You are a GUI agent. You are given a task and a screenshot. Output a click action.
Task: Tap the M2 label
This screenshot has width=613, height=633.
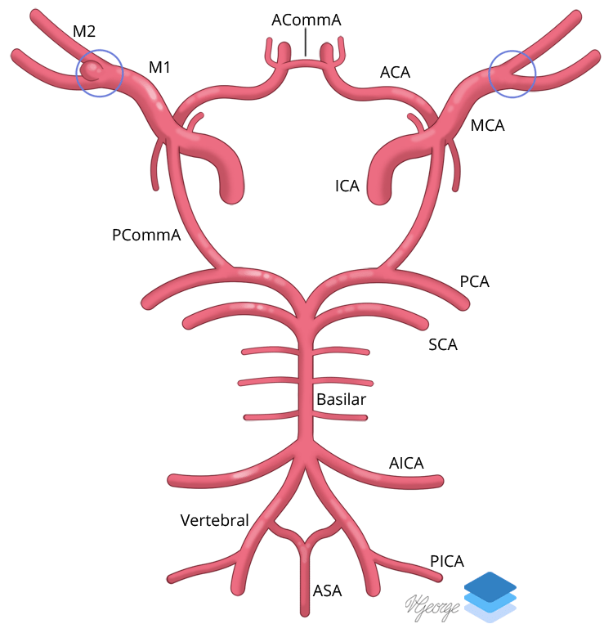tap(84, 31)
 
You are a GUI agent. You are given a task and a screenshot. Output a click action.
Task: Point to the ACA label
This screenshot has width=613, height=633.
tap(395, 73)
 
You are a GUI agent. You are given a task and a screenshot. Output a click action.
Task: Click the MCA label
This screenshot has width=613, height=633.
tap(488, 125)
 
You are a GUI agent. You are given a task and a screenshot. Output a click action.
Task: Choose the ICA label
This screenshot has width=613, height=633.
tap(347, 186)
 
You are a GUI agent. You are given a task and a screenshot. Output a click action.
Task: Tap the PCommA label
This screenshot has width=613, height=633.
tap(146, 236)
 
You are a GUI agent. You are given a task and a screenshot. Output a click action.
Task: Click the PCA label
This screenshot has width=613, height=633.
tap(475, 282)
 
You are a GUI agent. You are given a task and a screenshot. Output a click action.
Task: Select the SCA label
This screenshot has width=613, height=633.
tap(443, 344)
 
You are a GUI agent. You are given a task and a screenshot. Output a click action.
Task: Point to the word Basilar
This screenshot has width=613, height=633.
tap(342, 400)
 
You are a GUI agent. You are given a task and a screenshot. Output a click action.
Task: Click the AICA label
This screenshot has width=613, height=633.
tap(406, 464)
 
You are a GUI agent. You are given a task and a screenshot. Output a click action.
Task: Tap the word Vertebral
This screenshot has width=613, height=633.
tap(214, 520)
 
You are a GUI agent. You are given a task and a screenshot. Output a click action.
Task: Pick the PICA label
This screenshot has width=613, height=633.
tap(447, 561)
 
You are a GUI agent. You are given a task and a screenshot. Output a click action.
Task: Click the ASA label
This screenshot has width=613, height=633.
tap(327, 590)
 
